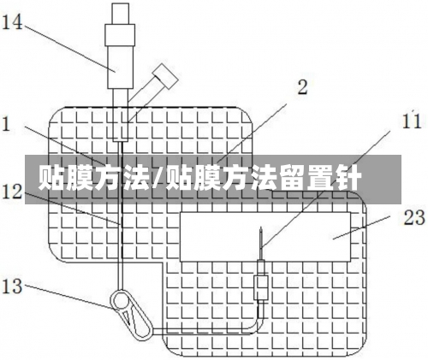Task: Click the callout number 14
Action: [12, 23]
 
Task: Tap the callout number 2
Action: [302, 87]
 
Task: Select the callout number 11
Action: [412, 121]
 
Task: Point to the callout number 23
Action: [414, 217]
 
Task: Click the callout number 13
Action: [12, 286]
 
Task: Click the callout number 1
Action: [6, 124]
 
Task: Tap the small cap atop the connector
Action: [120, 14]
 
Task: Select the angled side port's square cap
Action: [165, 76]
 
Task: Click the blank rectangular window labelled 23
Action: [265, 237]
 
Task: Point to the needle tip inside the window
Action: [261, 227]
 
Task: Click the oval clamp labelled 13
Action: [132, 316]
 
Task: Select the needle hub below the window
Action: [261, 287]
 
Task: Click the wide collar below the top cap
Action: [120, 35]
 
